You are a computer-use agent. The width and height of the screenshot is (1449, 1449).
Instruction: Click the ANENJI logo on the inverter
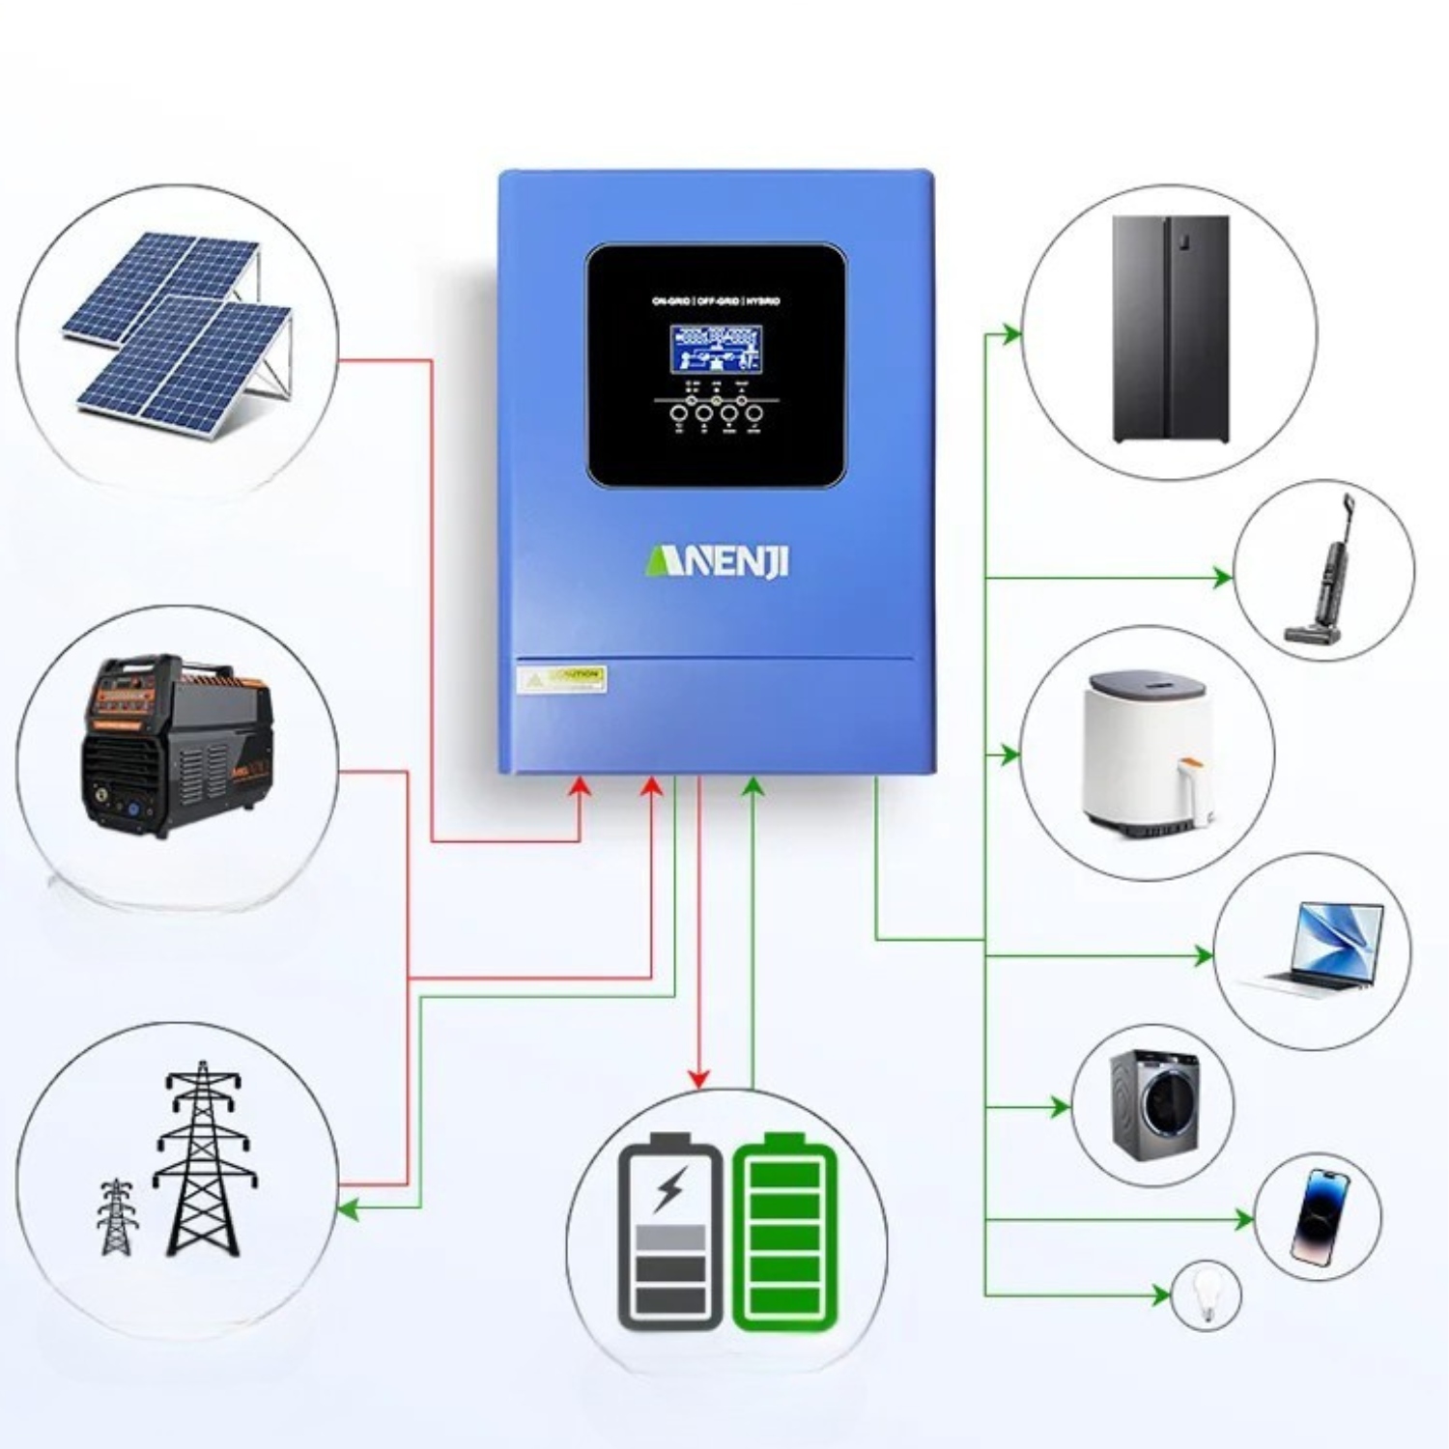pos(716,560)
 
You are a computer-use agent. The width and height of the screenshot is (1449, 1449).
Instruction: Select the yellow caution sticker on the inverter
pos(562,678)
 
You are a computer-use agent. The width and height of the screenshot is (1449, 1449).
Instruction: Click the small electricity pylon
pos(117,1216)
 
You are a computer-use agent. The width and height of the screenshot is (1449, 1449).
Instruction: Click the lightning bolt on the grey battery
pos(669,1187)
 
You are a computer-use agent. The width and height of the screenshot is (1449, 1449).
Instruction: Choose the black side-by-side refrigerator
pos(1171,329)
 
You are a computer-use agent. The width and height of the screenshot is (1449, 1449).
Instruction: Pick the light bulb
pos(1205,1294)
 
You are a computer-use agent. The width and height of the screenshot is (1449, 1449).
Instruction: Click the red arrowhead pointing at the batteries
pos(698,1078)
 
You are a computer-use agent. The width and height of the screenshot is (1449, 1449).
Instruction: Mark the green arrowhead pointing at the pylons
pos(348,1208)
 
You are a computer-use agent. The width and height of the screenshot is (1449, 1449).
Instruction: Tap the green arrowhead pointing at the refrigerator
pos(1011,334)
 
